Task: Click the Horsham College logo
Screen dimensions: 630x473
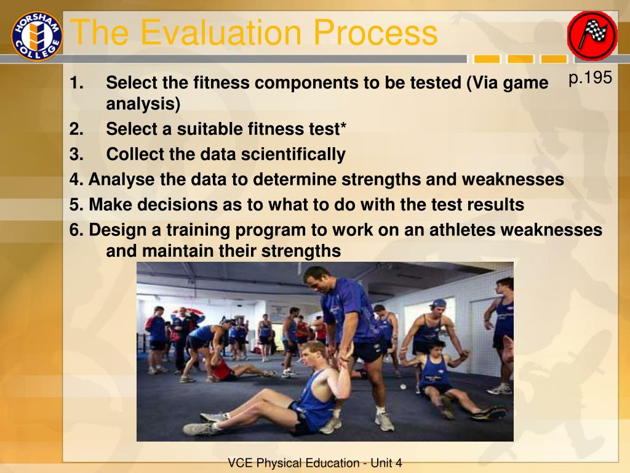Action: [36, 36]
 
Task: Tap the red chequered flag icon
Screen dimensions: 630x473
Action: [592, 35]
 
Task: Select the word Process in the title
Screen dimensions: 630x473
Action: [375, 32]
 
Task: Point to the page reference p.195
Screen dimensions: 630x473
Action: [590, 78]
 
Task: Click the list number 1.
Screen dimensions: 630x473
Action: [76, 83]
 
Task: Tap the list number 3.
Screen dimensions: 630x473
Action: [76, 154]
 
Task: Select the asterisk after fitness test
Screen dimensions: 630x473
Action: [343, 126]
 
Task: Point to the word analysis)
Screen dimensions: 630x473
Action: [143, 104]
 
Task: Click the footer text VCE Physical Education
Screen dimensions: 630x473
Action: [293, 463]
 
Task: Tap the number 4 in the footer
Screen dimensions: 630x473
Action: [398, 463]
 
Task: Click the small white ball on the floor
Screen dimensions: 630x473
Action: [403, 387]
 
